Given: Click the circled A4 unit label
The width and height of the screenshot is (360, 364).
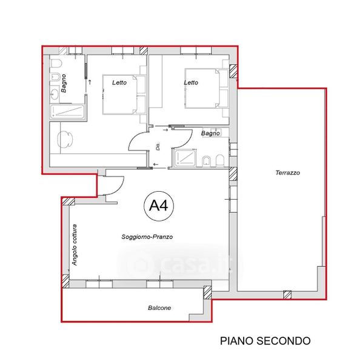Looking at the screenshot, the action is tap(159, 206).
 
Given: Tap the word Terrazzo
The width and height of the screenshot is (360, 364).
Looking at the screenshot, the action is tap(288, 173).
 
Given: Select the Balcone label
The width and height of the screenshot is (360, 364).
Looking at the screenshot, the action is tap(159, 308).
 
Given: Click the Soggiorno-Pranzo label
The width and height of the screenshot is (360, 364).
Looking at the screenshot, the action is tap(147, 237).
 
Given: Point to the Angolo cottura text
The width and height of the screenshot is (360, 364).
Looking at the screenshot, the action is tap(74, 245).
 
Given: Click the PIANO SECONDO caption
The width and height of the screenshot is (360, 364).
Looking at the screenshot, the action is tap(265, 341).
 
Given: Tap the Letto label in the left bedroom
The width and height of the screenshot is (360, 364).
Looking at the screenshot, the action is tap(119, 83).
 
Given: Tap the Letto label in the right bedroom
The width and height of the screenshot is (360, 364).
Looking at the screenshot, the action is tap(191, 83).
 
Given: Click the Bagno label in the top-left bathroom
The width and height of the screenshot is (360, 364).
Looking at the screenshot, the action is tap(63, 83).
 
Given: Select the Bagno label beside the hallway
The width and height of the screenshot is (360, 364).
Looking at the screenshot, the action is tap(210, 133).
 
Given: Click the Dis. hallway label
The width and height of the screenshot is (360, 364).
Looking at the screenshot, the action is tap(158, 147).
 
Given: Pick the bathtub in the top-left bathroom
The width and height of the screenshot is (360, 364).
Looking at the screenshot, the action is tap(67, 112).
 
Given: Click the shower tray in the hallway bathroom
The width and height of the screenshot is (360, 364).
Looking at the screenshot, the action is tap(184, 158).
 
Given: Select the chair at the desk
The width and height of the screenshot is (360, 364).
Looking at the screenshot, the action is tap(65, 139).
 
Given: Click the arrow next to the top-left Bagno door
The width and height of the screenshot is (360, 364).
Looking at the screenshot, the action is tap(90, 82).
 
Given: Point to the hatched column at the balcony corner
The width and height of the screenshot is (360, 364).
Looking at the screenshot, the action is tap(208, 292).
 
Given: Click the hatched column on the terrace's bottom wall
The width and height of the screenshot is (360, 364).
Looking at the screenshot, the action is tap(287, 295).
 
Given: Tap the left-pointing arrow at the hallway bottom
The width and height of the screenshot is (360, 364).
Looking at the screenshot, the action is tap(156, 164).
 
